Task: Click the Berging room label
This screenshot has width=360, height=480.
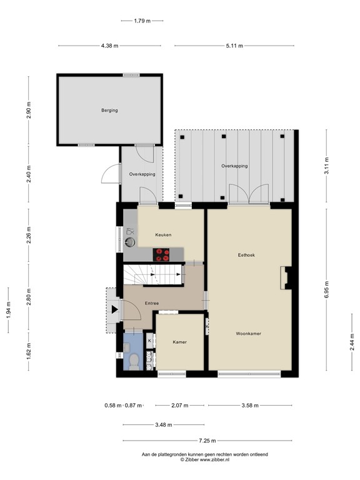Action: tap(109, 111)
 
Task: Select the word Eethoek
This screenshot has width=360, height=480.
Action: tap(246, 255)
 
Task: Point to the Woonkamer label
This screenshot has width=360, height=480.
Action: tap(248, 334)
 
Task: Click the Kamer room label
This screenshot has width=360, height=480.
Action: tap(179, 342)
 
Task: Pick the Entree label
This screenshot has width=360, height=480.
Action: tap(151, 303)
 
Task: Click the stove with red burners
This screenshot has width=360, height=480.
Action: tap(162, 254)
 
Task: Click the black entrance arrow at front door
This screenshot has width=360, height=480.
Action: tap(114, 308)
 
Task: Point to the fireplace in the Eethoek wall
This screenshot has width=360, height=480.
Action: tap(286, 278)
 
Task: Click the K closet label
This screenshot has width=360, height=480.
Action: tap(149, 340)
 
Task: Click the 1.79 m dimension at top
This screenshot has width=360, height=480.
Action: tap(142, 21)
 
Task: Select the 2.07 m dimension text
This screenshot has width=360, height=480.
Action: tap(179, 406)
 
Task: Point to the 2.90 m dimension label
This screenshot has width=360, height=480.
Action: tap(29, 109)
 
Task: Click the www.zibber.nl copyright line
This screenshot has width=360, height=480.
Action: tap(205, 459)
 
